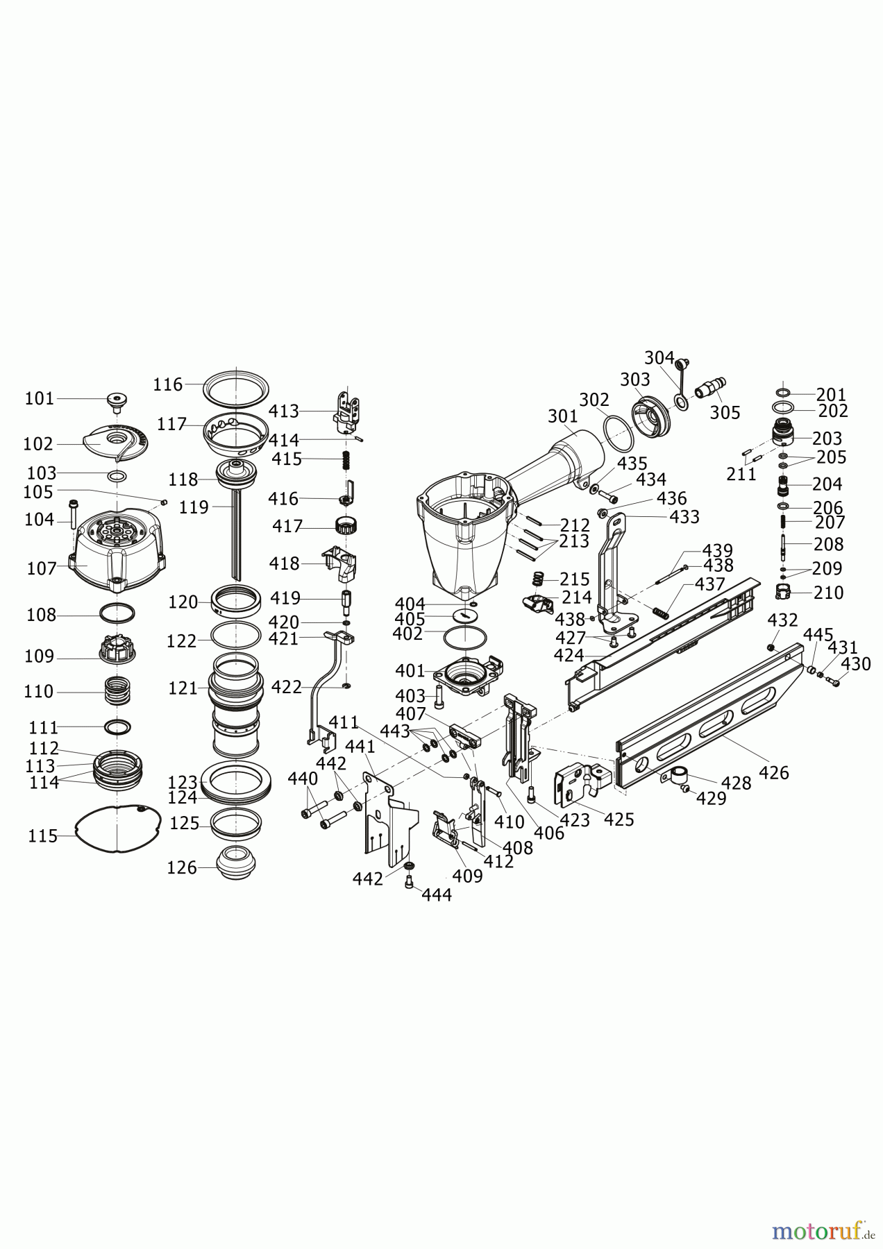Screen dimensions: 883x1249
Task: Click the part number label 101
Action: (x=39, y=398)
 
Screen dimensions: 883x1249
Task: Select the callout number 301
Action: (x=562, y=416)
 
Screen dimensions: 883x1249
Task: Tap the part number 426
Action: (x=774, y=772)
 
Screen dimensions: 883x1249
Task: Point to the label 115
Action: (x=43, y=836)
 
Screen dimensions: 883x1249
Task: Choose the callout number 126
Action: (x=182, y=867)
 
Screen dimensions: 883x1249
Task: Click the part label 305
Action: (x=725, y=413)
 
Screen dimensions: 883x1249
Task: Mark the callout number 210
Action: (x=829, y=593)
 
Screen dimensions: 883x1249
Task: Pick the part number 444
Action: (x=437, y=895)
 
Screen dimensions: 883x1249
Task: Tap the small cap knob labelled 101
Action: (x=117, y=401)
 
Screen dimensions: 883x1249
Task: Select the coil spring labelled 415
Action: (x=343, y=459)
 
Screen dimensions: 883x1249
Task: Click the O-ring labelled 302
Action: (x=618, y=433)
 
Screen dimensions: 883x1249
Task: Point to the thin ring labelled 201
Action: (x=783, y=393)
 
